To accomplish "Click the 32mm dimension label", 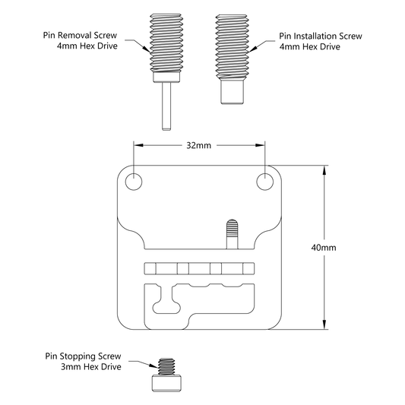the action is click(x=198, y=145).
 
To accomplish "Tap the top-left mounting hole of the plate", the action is click(x=134, y=182).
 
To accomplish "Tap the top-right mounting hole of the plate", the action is click(x=265, y=182).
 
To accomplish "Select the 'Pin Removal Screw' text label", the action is click(x=80, y=35).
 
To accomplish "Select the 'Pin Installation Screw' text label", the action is click(x=321, y=36).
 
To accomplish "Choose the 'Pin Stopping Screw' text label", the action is click(x=83, y=356).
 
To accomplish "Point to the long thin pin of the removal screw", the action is click(x=166, y=106).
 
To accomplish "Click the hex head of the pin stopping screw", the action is click(x=166, y=383).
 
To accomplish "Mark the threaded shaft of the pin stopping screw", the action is click(x=166, y=367).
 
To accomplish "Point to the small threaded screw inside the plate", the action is click(x=233, y=234).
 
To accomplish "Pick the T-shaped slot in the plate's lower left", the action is click(x=166, y=299).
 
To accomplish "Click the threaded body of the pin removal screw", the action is click(x=166, y=43).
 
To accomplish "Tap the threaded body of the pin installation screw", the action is click(x=233, y=46).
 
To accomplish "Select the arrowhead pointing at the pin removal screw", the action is click(x=146, y=49).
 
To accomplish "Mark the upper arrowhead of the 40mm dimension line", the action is click(x=324, y=169).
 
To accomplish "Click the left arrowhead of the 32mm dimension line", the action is click(x=138, y=145).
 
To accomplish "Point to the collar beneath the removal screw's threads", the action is click(x=166, y=78).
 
